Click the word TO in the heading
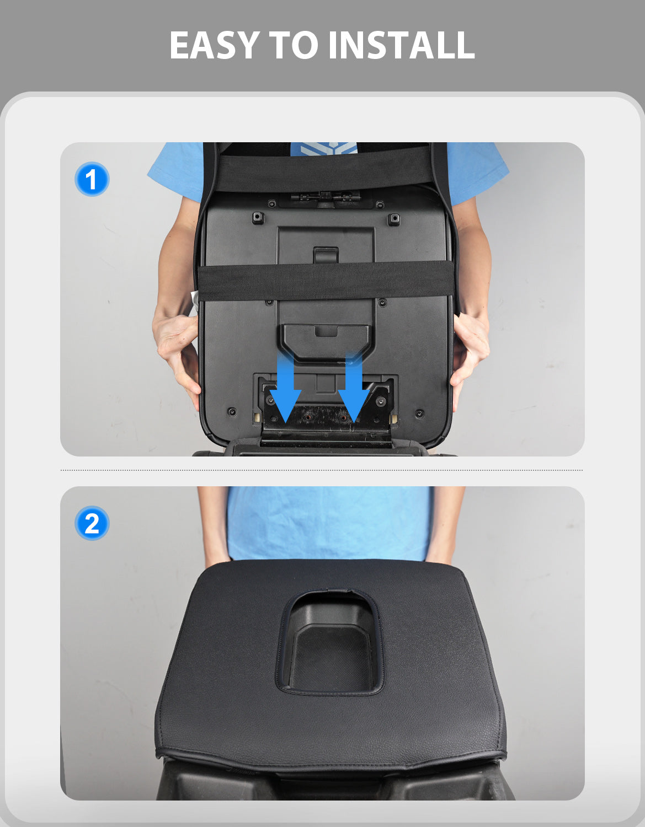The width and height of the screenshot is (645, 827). [294, 45]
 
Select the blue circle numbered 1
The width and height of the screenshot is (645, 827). [92, 179]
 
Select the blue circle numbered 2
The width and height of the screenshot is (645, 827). [92, 523]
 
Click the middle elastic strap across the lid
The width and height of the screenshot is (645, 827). [326, 281]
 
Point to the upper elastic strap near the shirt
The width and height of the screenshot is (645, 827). [324, 168]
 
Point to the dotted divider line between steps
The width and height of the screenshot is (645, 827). [322, 470]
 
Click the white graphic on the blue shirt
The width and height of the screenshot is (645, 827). [324, 148]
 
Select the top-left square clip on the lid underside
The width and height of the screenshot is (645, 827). [258, 218]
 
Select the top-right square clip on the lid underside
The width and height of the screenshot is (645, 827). [394, 219]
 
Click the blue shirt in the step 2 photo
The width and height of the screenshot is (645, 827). [330, 523]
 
